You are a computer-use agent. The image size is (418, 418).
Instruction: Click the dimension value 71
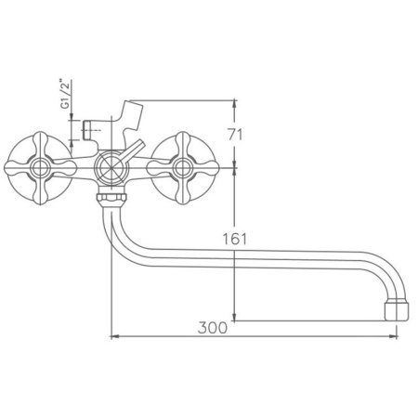tap(235, 135)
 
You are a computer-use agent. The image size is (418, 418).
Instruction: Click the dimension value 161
tap(235, 239)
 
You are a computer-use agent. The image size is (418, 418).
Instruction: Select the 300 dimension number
tap(213, 328)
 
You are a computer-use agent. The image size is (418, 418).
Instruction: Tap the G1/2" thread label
tap(65, 94)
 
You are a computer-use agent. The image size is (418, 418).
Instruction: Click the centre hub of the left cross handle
tap(40, 168)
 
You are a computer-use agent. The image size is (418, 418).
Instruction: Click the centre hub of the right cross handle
tap(183, 168)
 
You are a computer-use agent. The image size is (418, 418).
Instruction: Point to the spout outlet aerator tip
tap(397, 309)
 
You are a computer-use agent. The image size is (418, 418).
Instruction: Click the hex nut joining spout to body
tap(111, 198)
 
